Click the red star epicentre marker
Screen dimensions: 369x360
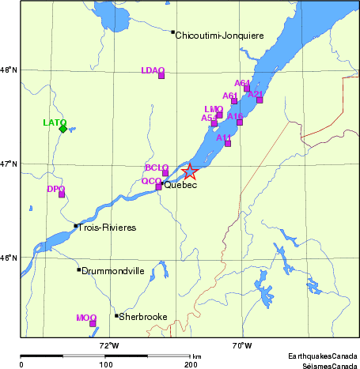pyautogui.click(x=189, y=172)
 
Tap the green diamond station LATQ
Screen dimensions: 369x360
pyautogui.click(x=63, y=129)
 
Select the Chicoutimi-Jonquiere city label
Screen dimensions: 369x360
pyautogui.click(x=219, y=36)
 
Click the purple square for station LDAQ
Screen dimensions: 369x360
pyautogui.click(x=161, y=75)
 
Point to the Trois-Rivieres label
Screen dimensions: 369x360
pyautogui.click(x=108, y=228)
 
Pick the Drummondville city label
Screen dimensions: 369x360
pyautogui.click(x=113, y=270)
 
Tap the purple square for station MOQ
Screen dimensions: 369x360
pyautogui.click(x=93, y=323)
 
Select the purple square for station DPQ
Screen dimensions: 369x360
pyautogui.click(x=62, y=194)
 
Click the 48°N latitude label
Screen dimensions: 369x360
pyautogui.click(x=9, y=70)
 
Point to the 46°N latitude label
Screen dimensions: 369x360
pyautogui.click(x=9, y=258)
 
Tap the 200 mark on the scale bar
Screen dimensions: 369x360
pyautogui.click(x=191, y=364)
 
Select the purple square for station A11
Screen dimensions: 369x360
pyautogui.click(x=228, y=143)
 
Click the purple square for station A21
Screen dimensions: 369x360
pyautogui.click(x=260, y=100)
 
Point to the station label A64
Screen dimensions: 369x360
pyautogui.click(x=242, y=83)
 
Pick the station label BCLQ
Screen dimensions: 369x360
pyautogui.click(x=157, y=168)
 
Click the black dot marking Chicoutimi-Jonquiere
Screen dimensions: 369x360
pyautogui.click(x=172, y=32)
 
